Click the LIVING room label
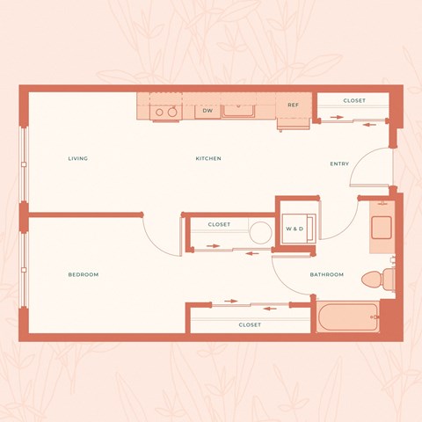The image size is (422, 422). click(x=78, y=158)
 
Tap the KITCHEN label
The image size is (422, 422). click(x=208, y=158)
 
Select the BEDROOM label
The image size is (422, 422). click(x=84, y=275)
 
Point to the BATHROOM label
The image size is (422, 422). click(x=326, y=275)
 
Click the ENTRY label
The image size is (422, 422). click(x=339, y=164)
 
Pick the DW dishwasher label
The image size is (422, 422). click(x=207, y=111)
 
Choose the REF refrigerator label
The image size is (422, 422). click(x=294, y=105)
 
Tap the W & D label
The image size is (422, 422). click(x=295, y=229)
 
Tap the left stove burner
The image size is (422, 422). click(x=160, y=112)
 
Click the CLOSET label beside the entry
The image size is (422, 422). click(x=354, y=101)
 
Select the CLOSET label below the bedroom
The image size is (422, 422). click(x=250, y=325)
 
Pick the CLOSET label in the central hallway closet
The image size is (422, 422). click(x=219, y=225)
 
